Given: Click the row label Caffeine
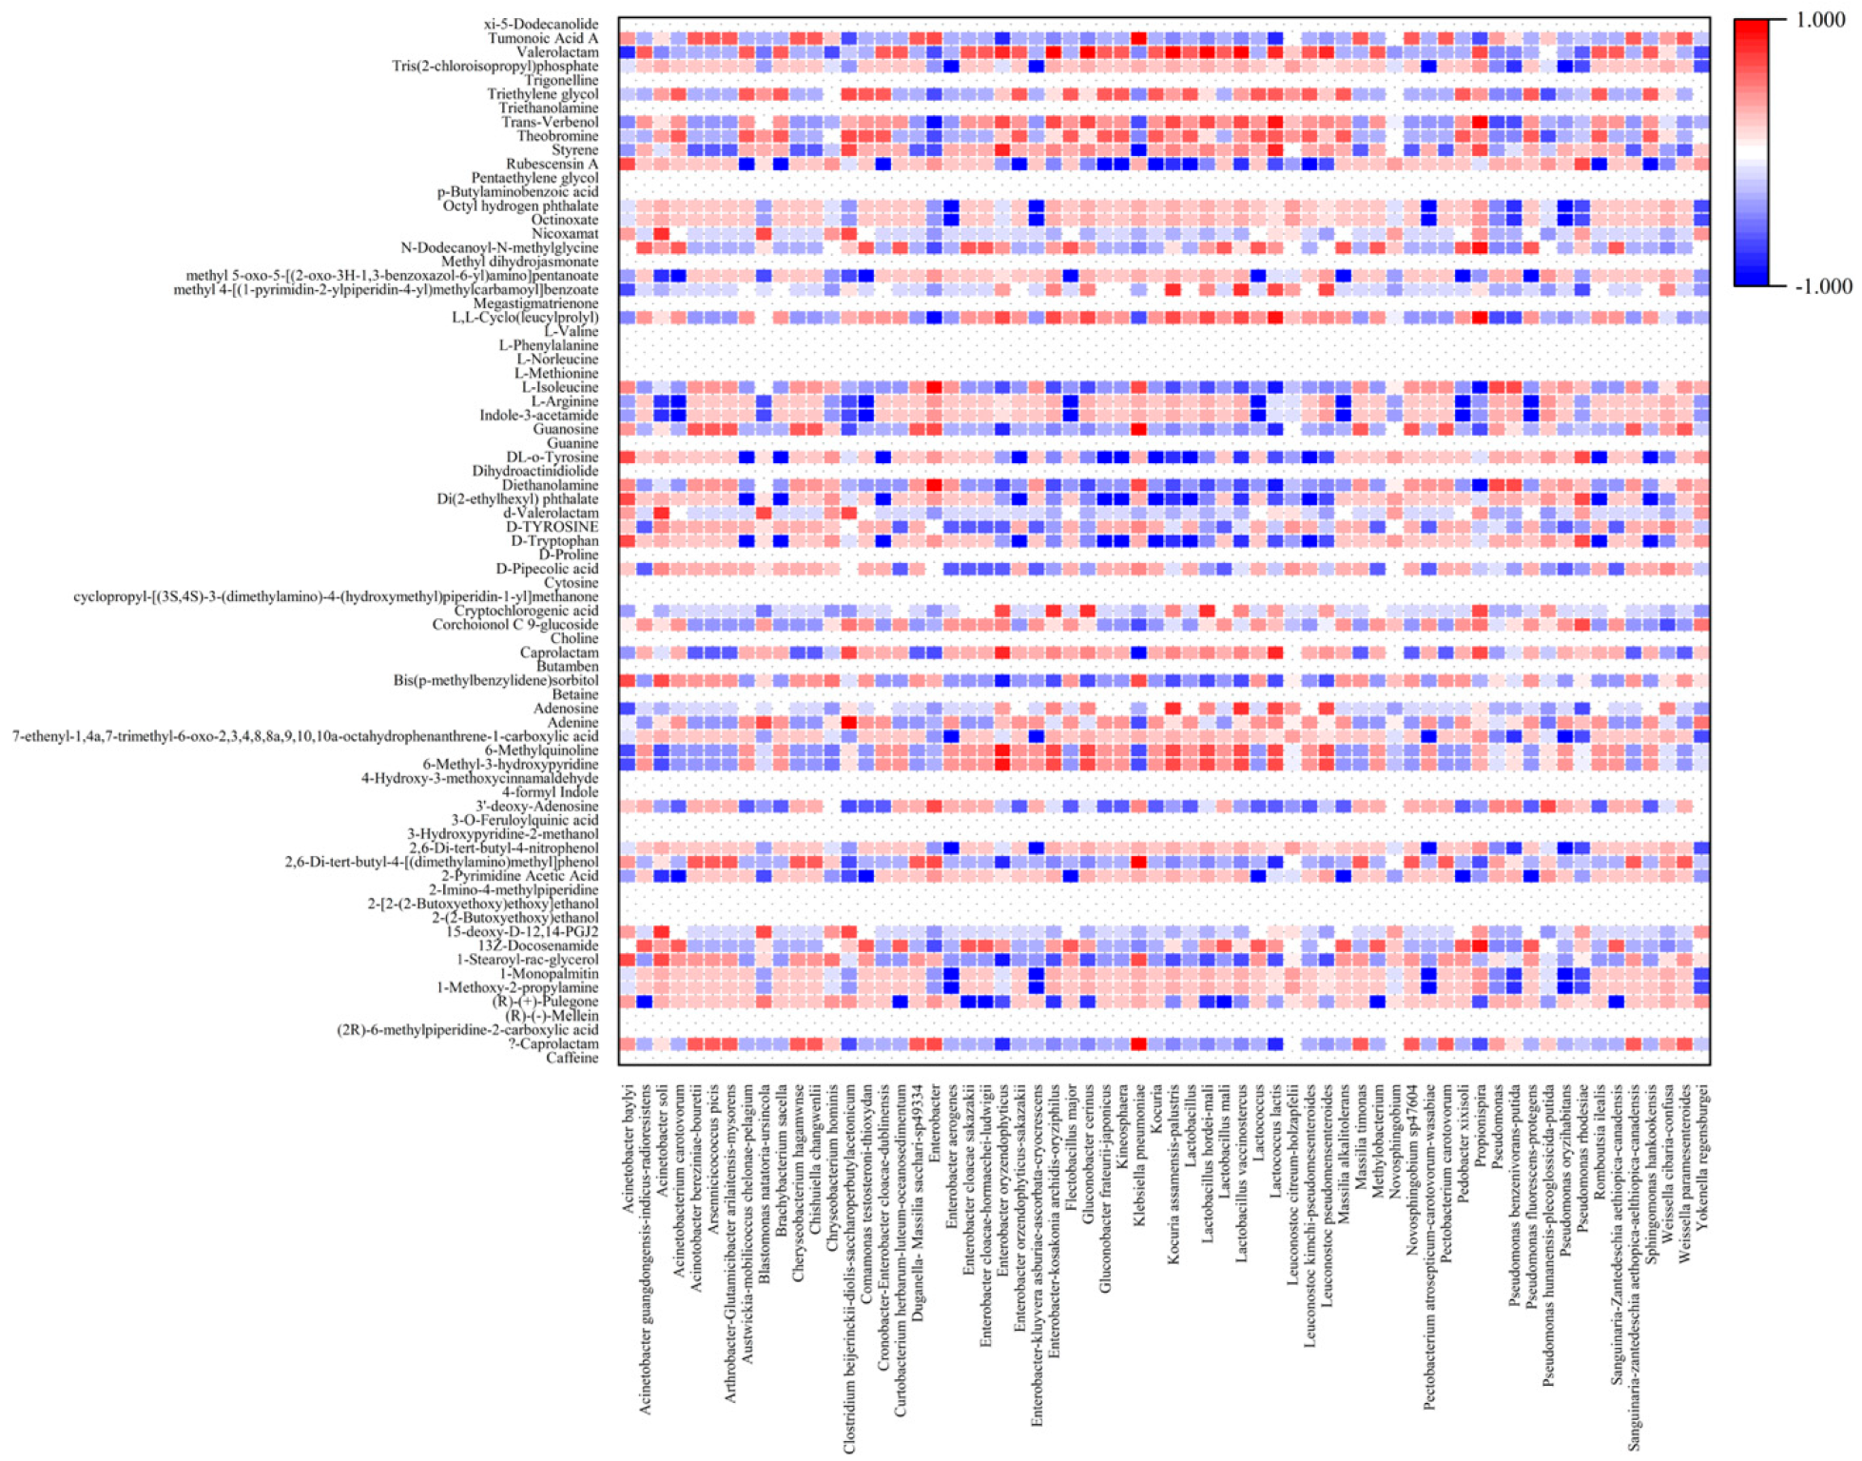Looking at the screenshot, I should pyautogui.click(x=572, y=1058).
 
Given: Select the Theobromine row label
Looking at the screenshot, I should pyautogui.click(x=557, y=136).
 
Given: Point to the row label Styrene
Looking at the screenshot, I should pyautogui.click(x=574, y=150).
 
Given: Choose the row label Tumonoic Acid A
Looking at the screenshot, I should pyautogui.click(x=543, y=38).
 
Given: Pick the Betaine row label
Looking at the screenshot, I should pyautogui.click(x=574, y=694).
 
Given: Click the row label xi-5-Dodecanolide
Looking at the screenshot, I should pyautogui.click(x=541, y=24).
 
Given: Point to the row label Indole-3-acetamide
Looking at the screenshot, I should pyautogui.click(x=539, y=415).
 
